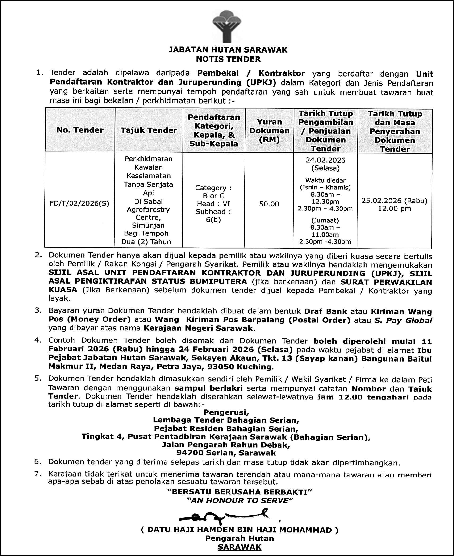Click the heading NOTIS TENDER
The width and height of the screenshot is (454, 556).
228,59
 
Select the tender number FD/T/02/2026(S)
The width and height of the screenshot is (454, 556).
79,204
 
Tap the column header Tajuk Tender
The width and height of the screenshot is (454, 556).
149,130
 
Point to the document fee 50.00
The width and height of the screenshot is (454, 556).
269,204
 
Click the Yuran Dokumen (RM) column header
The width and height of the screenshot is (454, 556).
269,131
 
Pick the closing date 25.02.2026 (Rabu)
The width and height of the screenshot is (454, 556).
394,201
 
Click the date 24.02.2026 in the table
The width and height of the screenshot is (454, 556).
326,160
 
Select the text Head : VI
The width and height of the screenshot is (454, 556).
213,204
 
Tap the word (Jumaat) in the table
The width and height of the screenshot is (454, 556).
325,221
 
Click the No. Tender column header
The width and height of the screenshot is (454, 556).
80,130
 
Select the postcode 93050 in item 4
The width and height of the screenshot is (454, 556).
221,367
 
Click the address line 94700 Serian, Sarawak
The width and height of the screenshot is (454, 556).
226,453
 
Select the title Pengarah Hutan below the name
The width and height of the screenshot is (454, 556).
240,539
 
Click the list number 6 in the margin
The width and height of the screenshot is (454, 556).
38,462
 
